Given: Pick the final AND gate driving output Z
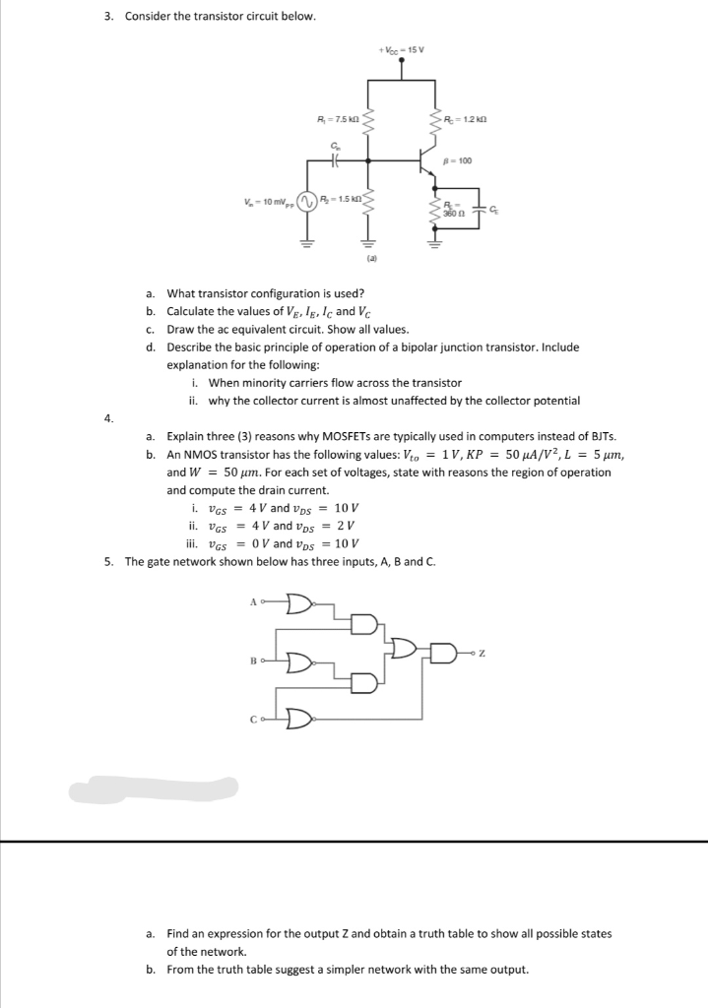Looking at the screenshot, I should (448, 651).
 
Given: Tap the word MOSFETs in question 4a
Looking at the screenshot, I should (336, 436).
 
